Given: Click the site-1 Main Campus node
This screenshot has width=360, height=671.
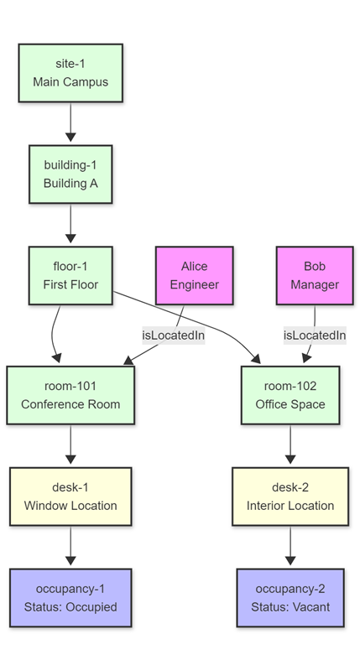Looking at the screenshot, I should pos(70,73).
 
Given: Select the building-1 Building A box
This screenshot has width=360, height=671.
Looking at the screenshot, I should pos(70,174).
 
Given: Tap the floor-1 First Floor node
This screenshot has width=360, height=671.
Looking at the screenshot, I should pos(70,275).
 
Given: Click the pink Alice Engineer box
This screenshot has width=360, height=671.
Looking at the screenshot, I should pos(194,275).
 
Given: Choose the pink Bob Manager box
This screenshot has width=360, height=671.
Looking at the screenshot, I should pos(315,275).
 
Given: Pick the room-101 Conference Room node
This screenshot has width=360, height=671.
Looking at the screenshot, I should pos(70,394).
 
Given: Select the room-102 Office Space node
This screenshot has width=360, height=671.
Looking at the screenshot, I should pos(290,394).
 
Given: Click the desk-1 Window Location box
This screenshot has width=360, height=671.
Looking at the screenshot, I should pos(70,497).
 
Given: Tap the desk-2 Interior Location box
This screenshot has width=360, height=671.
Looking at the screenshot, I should pos(290,497).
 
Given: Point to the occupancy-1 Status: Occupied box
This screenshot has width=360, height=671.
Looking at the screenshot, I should pos(70,597).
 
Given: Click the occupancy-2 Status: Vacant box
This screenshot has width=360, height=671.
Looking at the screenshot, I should pos(290,597).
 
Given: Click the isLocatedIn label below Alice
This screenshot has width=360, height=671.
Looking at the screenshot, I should pos(174,335).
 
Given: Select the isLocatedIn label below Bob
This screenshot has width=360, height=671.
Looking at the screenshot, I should pos(315,335).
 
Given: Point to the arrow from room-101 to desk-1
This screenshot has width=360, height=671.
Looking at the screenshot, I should pos(70,445).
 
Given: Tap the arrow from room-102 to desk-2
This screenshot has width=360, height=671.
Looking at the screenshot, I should pos(290,445).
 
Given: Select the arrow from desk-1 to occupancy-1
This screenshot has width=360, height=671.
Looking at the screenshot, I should pos(70,547).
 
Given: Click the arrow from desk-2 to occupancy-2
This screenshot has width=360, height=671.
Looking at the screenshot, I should pos(290,547).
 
